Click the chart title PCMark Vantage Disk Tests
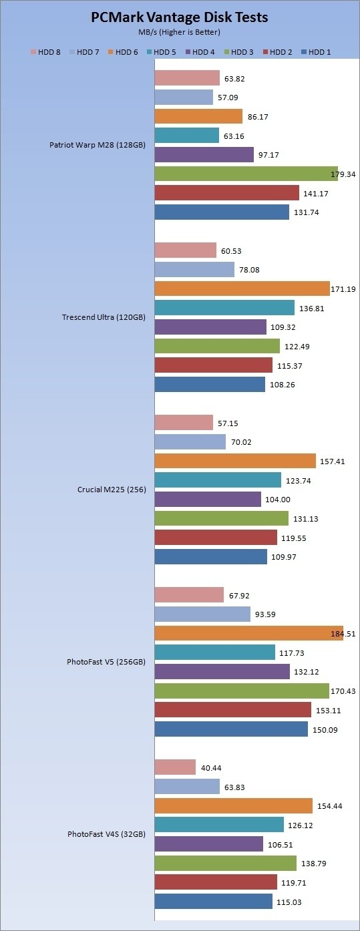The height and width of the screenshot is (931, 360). [180, 17]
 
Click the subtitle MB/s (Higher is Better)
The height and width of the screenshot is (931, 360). [179, 32]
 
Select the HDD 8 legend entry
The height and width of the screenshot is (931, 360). [45, 52]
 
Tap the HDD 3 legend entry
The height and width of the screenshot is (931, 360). [238, 52]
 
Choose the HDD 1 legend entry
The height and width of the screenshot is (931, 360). [316, 52]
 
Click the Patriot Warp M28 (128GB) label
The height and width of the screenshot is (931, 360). [98, 145]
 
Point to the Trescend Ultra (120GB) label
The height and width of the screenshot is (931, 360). [104, 317]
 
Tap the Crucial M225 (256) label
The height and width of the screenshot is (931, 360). [112, 489]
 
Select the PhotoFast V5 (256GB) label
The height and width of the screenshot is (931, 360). [106, 661]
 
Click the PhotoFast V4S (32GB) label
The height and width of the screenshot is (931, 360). [106, 833]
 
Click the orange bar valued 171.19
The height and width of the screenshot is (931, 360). [242, 289]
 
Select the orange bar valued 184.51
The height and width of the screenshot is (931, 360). [249, 633]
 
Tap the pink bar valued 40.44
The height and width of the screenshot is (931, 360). [176, 767]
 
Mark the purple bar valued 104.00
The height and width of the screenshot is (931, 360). [208, 499]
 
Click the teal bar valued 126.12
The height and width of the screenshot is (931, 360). [220, 825]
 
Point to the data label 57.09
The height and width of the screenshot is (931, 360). [228, 98]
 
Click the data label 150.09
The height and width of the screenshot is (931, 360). [325, 730]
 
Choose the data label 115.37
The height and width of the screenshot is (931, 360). [290, 366]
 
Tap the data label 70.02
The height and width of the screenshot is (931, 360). [241, 442]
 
